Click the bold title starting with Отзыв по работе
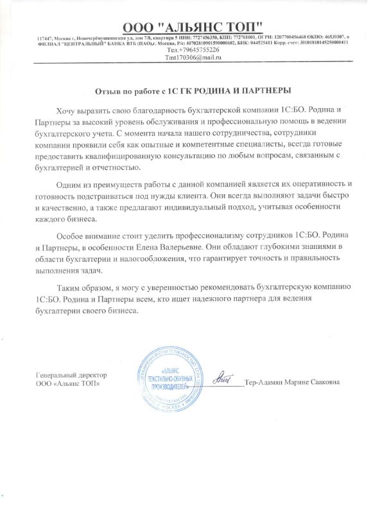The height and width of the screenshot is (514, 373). (x=186, y=91)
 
